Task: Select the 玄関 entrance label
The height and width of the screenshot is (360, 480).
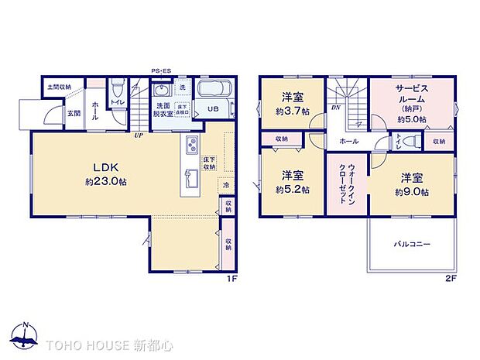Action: coord(51,114)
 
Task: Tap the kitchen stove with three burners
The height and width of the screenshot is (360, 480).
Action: coord(191,146)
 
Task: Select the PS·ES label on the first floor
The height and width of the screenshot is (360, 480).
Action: coord(160,70)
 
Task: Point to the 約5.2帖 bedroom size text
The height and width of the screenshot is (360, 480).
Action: coord(291,188)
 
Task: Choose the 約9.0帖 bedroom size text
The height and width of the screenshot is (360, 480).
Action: coord(413,190)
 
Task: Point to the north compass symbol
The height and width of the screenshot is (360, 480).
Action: coord(26,335)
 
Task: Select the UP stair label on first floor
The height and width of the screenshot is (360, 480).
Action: coord(138,135)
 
